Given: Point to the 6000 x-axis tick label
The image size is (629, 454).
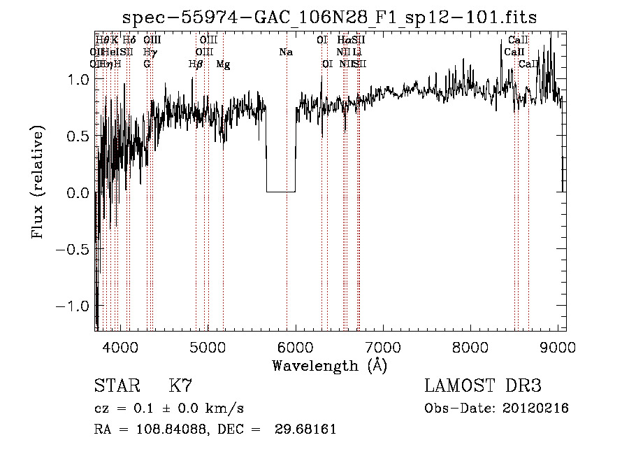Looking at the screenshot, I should click(x=295, y=347).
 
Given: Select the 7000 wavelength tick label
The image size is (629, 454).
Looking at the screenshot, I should click(x=382, y=347).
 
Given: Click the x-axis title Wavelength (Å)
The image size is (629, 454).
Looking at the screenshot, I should click(x=329, y=365).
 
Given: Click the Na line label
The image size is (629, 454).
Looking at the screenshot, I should click(x=286, y=52).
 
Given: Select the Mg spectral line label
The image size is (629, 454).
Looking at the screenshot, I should click(x=223, y=64).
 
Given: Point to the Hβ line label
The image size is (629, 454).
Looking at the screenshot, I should click(x=196, y=64).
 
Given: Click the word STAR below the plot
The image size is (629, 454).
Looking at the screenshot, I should click(x=113, y=386).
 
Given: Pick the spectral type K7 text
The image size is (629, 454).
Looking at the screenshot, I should click(x=180, y=386).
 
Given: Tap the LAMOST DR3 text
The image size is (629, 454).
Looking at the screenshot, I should click(x=483, y=386).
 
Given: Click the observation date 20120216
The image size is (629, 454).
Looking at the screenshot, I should click(x=536, y=409).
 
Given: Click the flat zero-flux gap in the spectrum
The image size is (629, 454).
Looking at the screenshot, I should click(x=281, y=191).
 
